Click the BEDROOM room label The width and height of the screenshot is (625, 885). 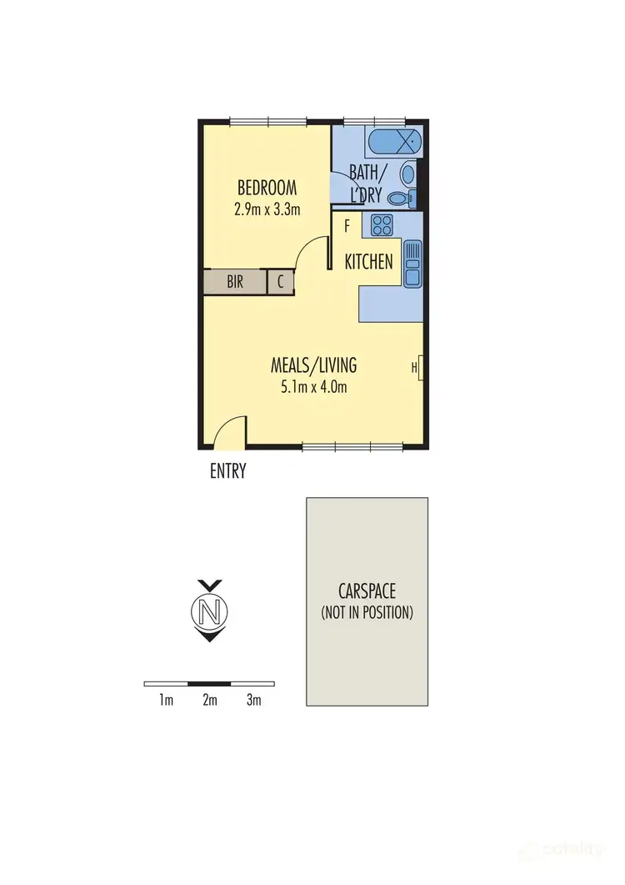point(267,187)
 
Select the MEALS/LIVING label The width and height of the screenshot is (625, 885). point(313,365)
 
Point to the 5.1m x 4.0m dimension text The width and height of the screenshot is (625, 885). point(313,386)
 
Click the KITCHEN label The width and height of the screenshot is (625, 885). point(369,262)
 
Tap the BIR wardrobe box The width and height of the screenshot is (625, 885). point(235,282)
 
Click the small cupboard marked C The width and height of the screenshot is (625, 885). point(281,282)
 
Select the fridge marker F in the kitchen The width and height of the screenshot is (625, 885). point(347,225)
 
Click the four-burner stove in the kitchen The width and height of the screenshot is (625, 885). point(382,224)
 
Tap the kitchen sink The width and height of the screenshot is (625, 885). point(412,264)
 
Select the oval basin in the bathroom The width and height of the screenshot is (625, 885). point(407,174)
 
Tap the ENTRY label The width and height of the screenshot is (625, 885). point(227,471)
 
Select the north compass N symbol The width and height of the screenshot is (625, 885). point(210,612)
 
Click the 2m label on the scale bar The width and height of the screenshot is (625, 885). point(209,701)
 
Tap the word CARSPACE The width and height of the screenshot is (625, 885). point(367,591)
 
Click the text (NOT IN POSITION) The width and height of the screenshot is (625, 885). point(367,612)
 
